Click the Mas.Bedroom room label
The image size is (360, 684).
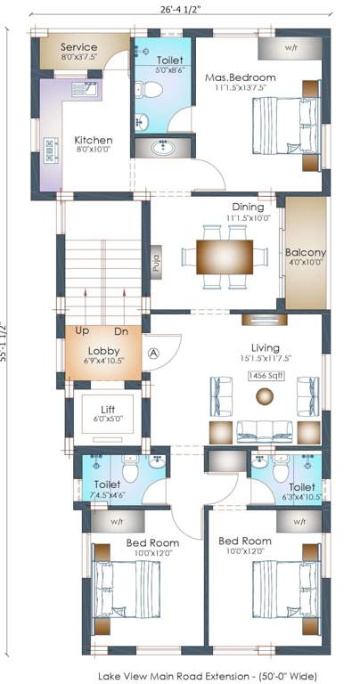click(240, 77)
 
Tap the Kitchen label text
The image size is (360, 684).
click(93, 140)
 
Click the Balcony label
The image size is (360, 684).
click(305, 252)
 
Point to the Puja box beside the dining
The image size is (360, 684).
click(155, 263)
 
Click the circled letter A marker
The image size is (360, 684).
click(153, 353)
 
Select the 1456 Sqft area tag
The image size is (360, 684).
click(266, 378)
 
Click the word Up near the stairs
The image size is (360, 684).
click(83, 330)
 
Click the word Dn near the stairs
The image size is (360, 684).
click(122, 330)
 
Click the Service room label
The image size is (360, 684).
click(78, 47)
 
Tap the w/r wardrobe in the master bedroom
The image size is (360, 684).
click(290, 47)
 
